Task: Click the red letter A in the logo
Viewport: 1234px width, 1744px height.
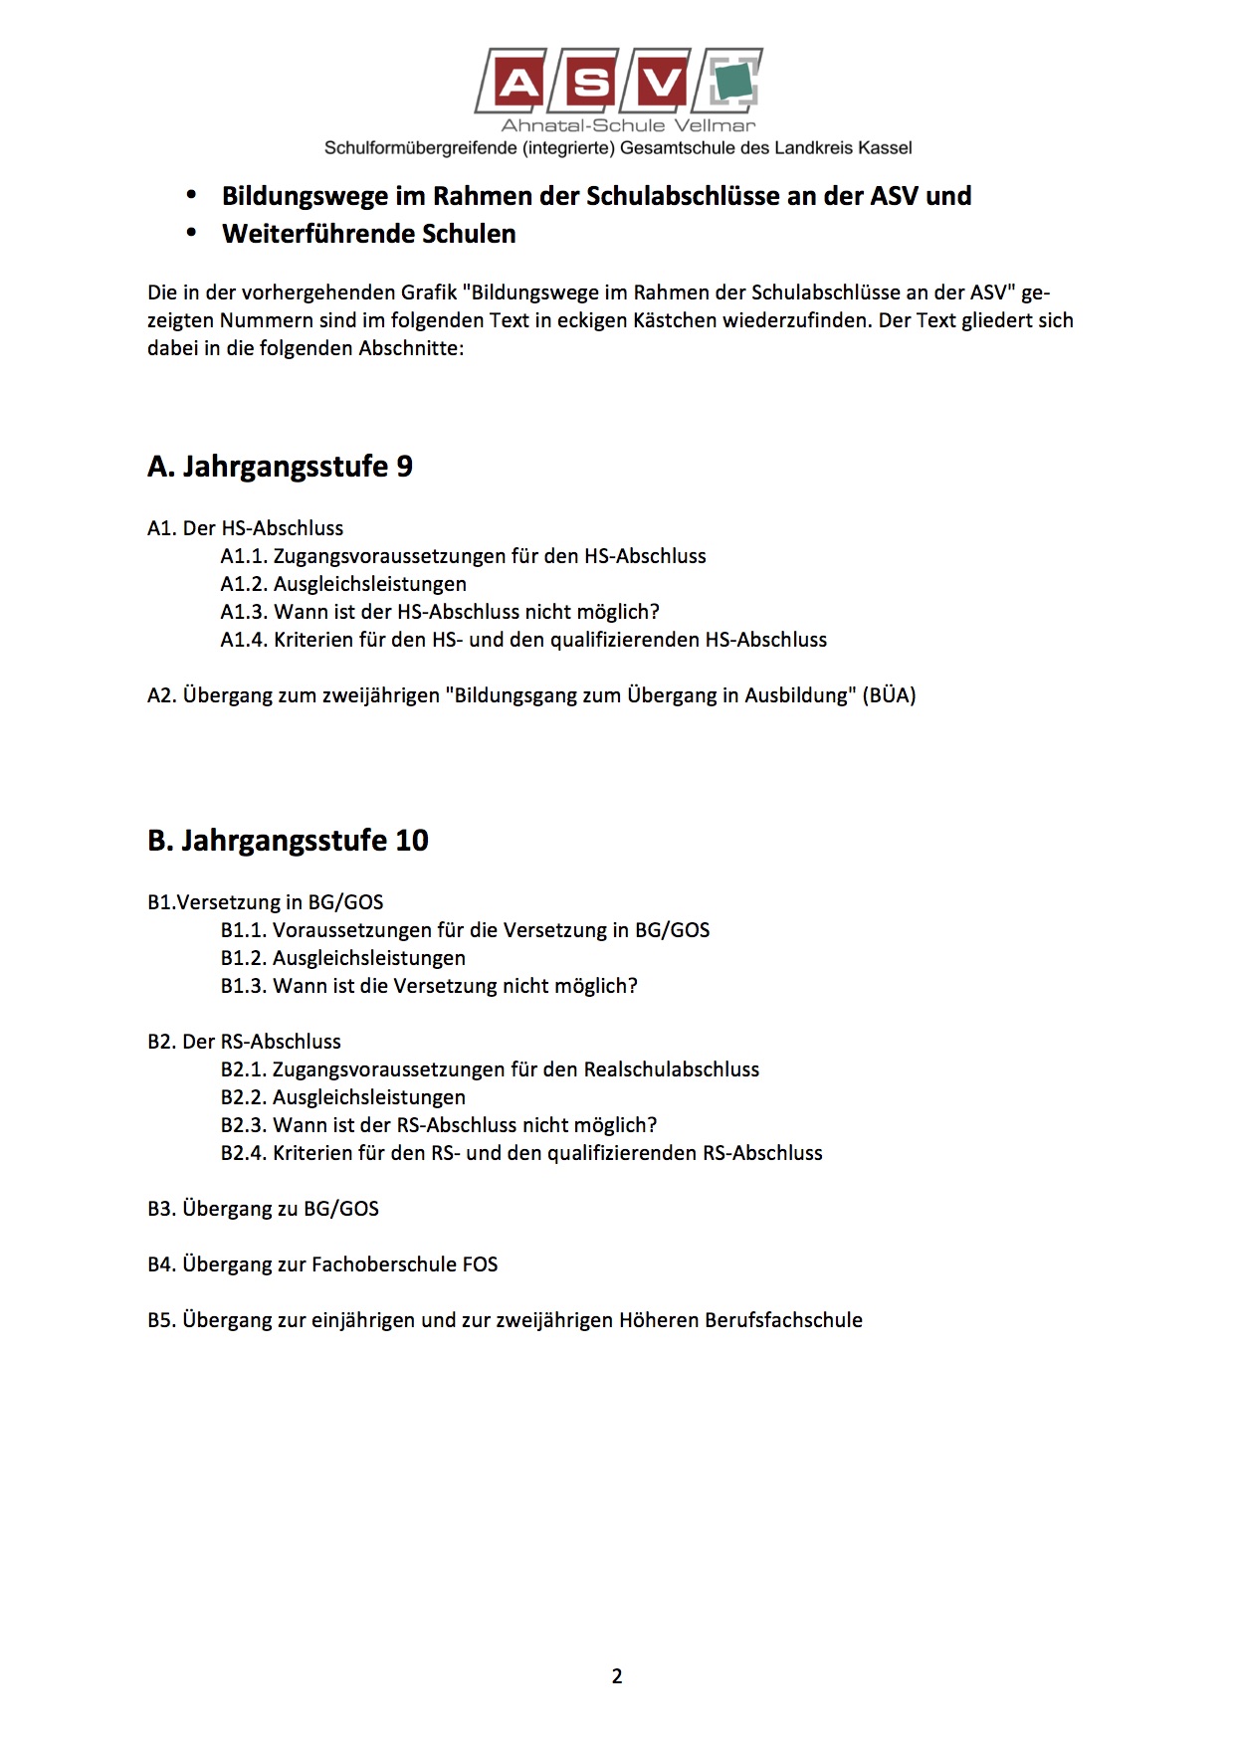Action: pyautogui.click(x=516, y=83)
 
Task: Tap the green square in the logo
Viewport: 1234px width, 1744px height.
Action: pyautogui.click(x=734, y=81)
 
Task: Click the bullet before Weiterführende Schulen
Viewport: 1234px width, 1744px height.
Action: pyautogui.click(x=192, y=234)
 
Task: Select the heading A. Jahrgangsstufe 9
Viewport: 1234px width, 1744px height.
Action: pyautogui.click(x=280, y=466)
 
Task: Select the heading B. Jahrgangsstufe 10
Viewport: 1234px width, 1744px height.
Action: pyautogui.click(x=288, y=840)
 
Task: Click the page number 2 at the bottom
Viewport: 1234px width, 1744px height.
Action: pyautogui.click(x=617, y=1676)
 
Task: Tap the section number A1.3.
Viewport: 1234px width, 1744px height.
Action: pyautogui.click(x=244, y=612)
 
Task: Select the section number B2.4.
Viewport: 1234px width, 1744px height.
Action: pyautogui.click(x=244, y=1153)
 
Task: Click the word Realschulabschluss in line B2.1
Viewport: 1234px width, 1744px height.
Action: pyautogui.click(x=671, y=1069)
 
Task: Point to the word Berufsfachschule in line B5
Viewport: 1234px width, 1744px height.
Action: pyautogui.click(x=783, y=1320)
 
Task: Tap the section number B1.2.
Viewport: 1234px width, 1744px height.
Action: pyautogui.click(x=244, y=958)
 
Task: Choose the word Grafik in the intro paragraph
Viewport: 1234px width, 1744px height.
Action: pyautogui.click(x=429, y=292)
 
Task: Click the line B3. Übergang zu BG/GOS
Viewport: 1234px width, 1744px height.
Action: pyautogui.click(x=263, y=1209)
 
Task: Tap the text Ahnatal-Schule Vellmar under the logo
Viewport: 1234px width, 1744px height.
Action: pyautogui.click(x=628, y=125)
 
